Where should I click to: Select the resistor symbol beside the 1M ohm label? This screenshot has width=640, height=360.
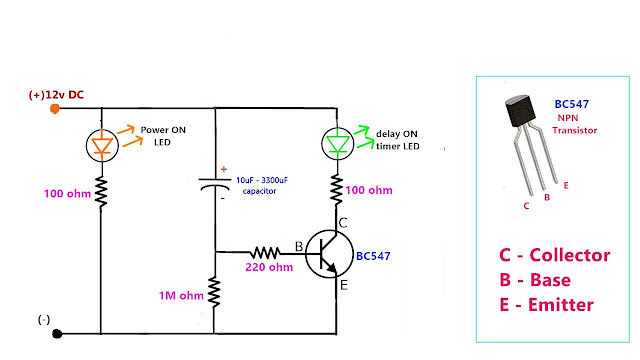215,293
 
